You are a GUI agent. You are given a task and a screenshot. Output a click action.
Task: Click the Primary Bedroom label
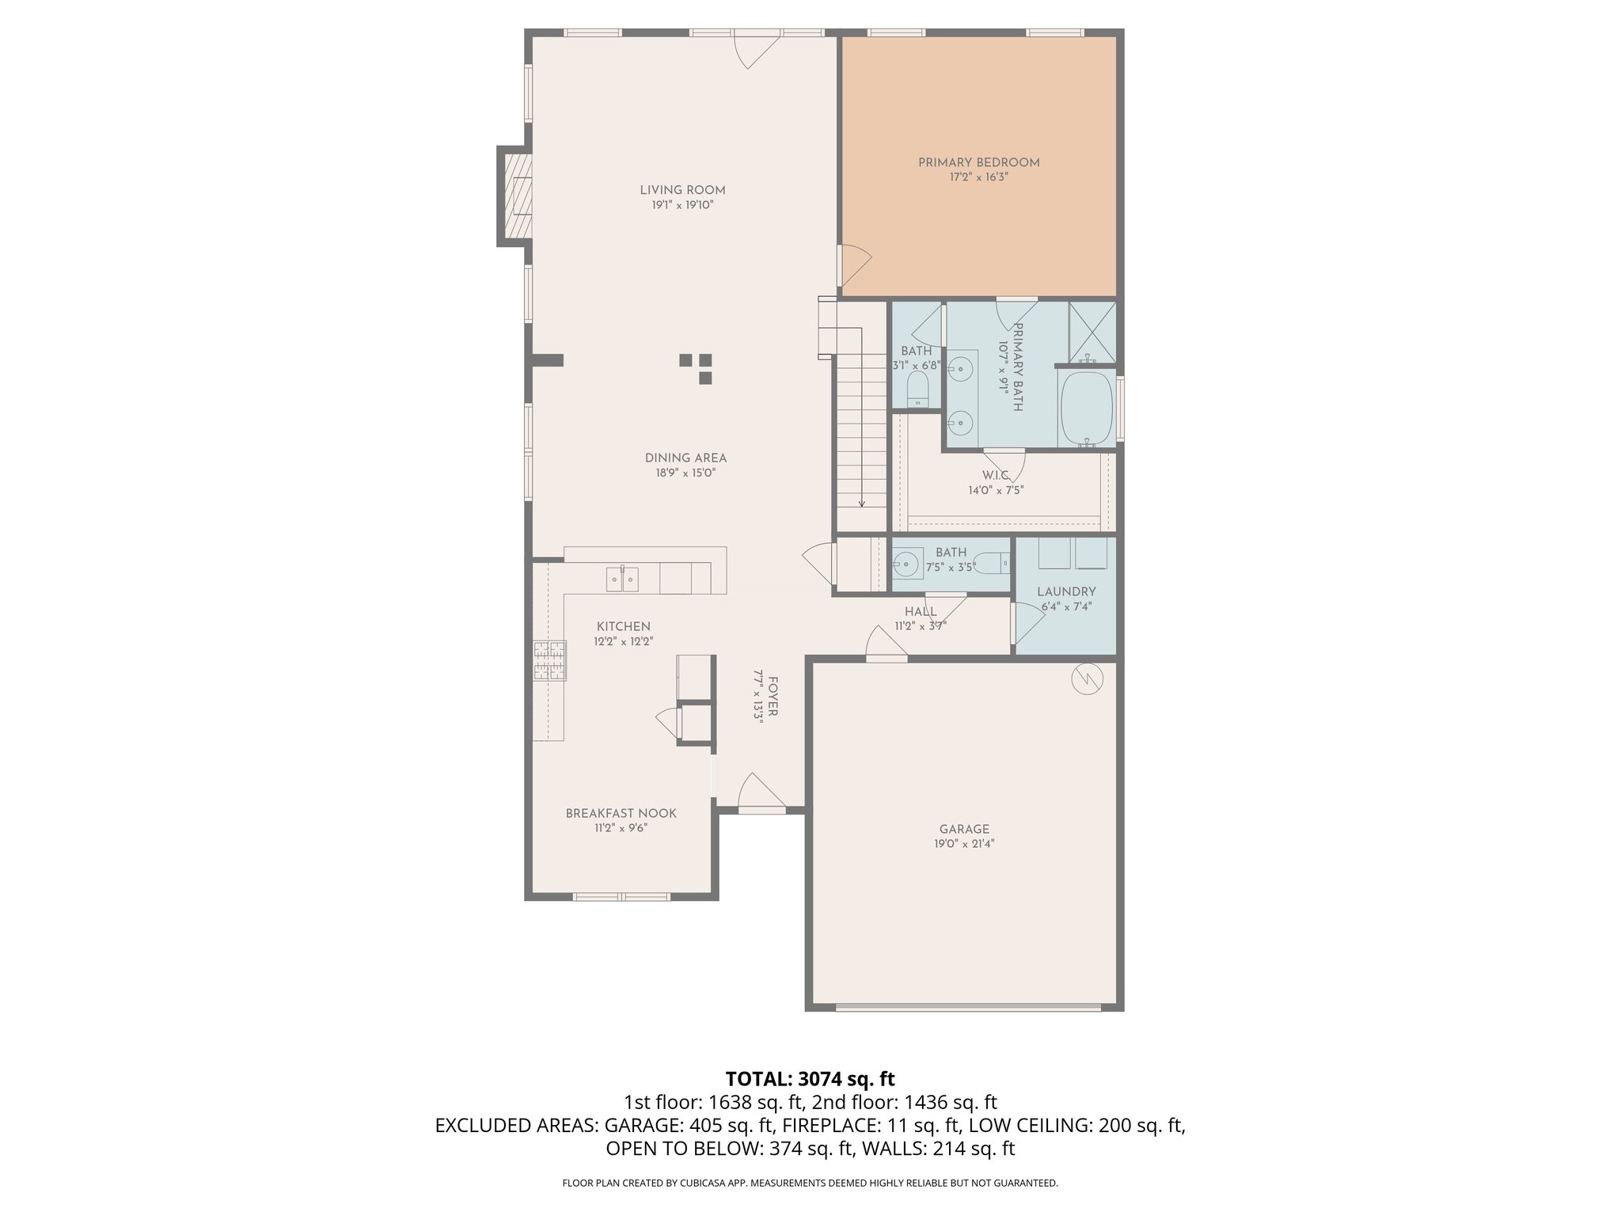coord(978,162)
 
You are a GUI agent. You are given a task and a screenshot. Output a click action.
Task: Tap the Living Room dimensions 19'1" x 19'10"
coord(682,205)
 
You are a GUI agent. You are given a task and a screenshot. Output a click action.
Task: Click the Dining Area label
coord(685,458)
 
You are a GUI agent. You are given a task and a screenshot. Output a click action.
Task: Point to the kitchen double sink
coord(623,579)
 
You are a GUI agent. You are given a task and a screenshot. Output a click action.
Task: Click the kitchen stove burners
coord(550,661)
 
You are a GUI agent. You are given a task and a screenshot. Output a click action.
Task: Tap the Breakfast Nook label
coord(621,813)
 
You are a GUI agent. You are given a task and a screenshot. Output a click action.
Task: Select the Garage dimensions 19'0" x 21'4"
coord(963,844)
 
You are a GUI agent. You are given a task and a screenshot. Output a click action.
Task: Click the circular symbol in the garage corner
coord(1086,678)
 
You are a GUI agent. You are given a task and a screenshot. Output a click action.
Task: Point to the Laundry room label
coord(1066,591)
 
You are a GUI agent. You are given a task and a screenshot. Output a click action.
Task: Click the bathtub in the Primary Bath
coord(1086,408)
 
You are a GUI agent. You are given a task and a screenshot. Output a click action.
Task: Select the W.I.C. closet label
coord(996,475)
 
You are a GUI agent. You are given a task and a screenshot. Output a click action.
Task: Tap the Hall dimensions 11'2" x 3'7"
coord(921,625)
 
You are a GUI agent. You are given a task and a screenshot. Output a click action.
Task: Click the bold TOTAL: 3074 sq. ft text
coord(810,1078)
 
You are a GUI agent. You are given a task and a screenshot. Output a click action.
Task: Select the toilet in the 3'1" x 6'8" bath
coord(917,389)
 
